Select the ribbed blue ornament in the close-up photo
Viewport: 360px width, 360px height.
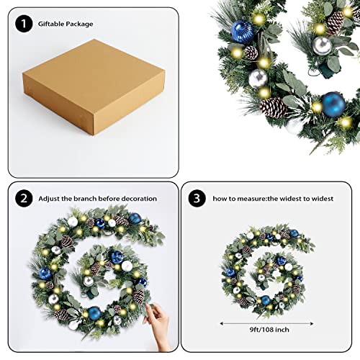tap(241, 31)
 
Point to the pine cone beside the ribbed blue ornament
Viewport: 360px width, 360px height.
tap(251, 53)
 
